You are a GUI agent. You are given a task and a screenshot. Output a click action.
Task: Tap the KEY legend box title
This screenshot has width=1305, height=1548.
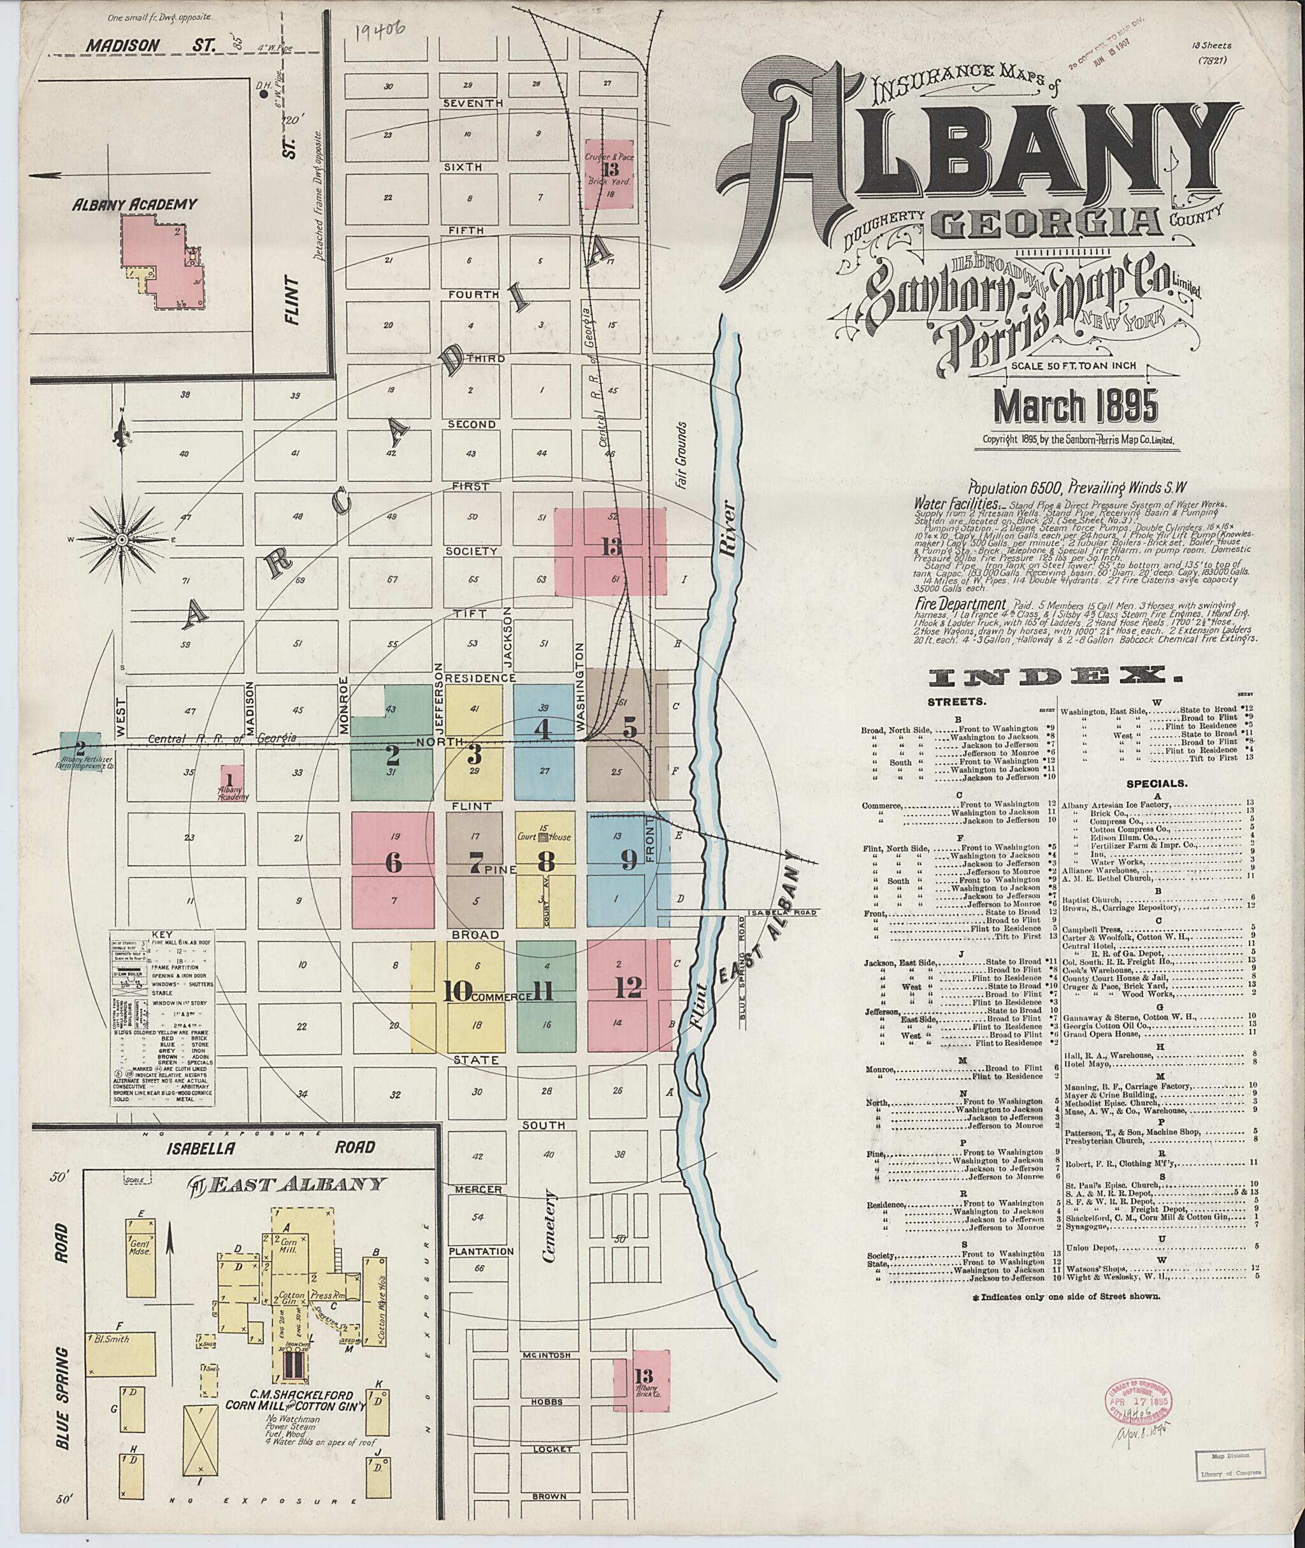pos(161,934)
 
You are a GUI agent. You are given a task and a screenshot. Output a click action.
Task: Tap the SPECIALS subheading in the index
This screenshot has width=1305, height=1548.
pos(1158,782)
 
